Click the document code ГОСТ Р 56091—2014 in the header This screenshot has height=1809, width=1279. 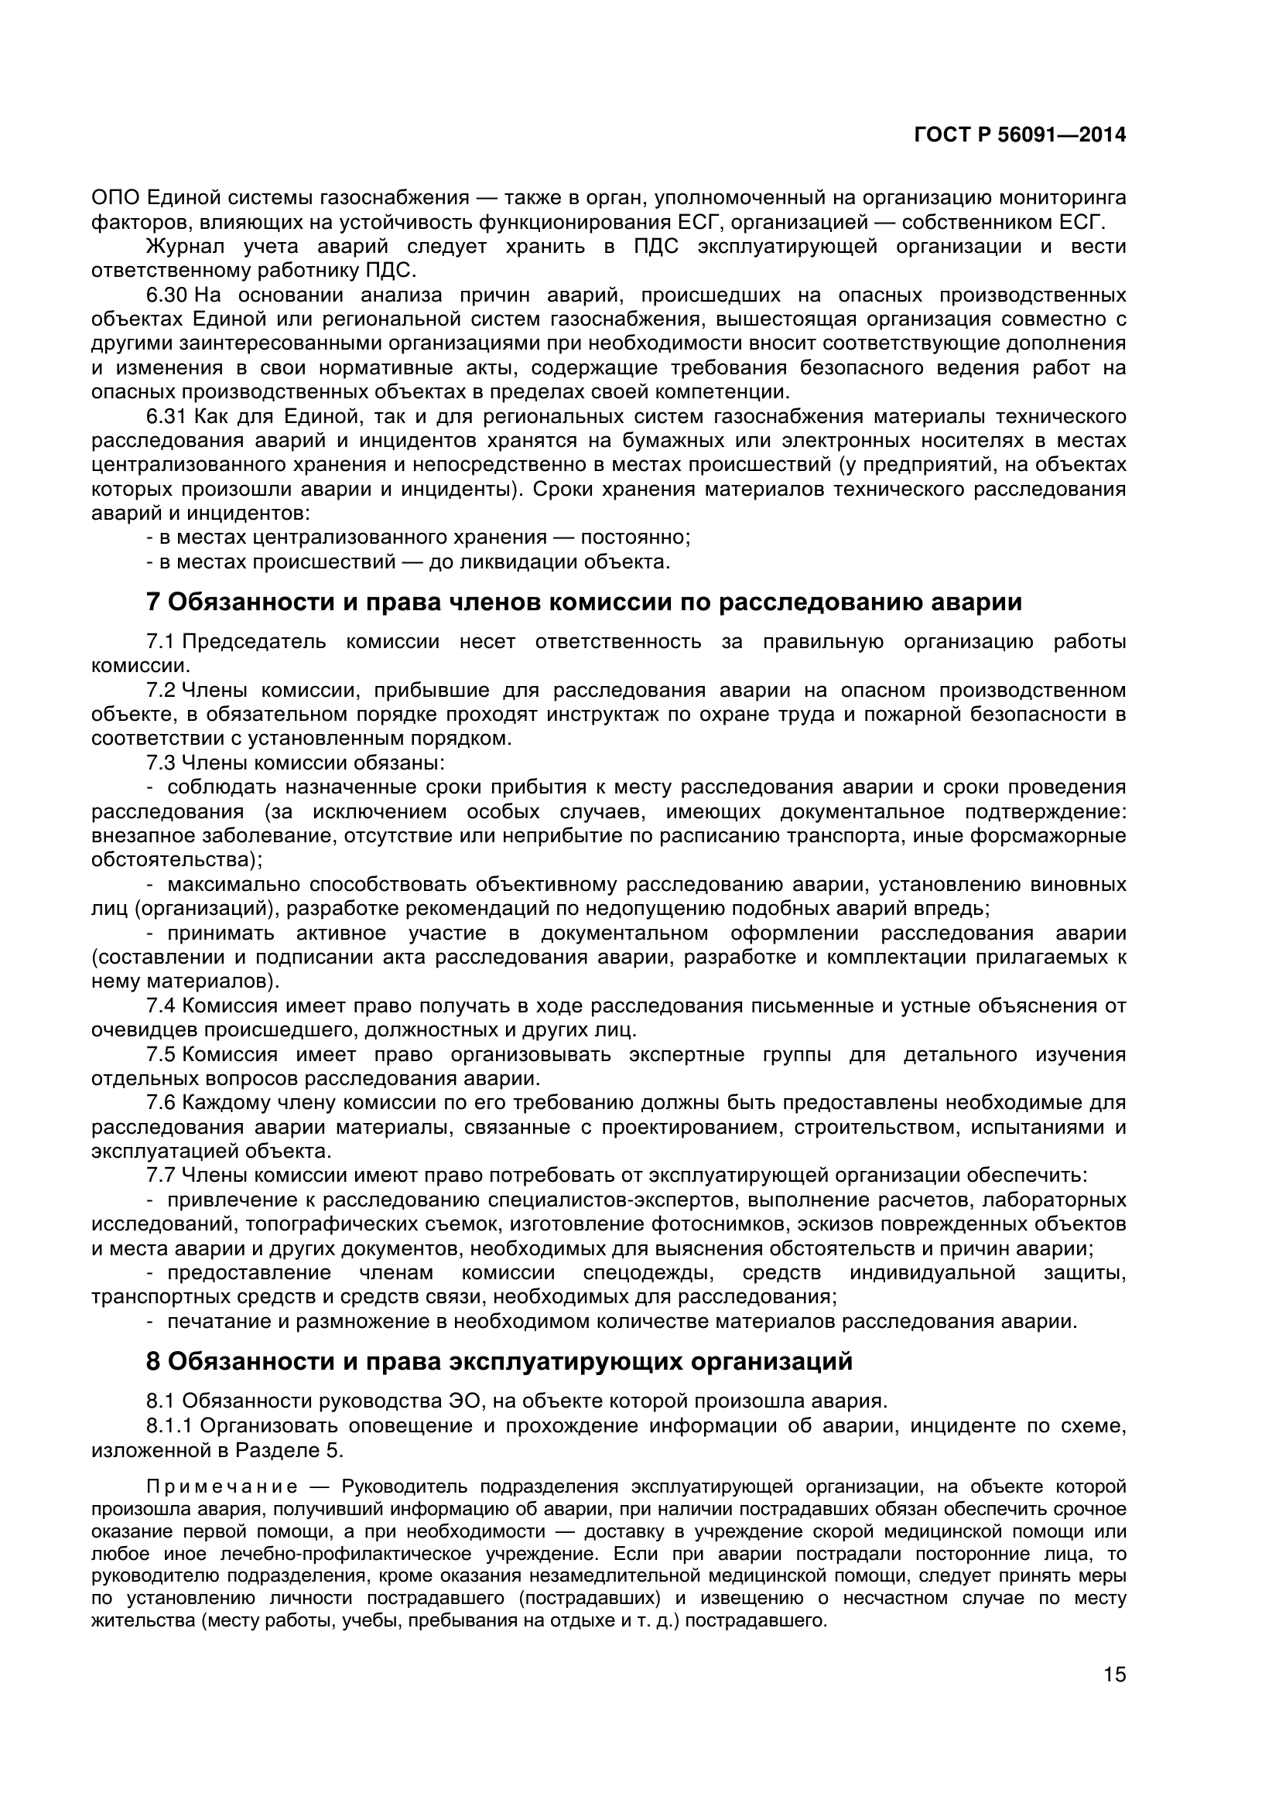tap(1020, 135)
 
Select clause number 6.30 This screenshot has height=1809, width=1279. tap(166, 295)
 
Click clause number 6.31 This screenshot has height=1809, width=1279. tap(166, 417)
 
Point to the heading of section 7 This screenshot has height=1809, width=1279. tap(584, 602)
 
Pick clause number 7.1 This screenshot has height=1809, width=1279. tap(160, 642)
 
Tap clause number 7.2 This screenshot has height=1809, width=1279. tap(160, 691)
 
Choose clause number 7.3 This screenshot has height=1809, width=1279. tap(160, 763)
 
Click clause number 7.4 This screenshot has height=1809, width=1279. tap(160, 1006)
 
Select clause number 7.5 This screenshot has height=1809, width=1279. tap(160, 1055)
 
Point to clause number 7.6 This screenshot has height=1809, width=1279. tap(160, 1103)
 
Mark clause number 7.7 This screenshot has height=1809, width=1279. tap(160, 1176)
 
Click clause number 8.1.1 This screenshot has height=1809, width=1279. tap(170, 1425)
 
